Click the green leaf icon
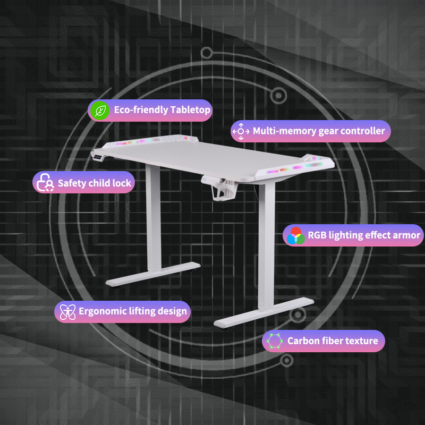click(x=100, y=110)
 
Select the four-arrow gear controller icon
click(x=241, y=131)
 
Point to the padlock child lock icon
click(x=45, y=182)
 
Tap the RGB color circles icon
click(x=295, y=235)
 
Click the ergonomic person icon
click(x=67, y=312)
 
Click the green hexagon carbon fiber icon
click(x=275, y=341)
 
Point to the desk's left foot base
click(x=153, y=274)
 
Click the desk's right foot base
click(x=263, y=312)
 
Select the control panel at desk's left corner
click(x=98, y=157)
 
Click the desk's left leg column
click(x=154, y=217)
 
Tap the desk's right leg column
click(x=267, y=246)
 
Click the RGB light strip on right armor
click(x=294, y=168)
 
